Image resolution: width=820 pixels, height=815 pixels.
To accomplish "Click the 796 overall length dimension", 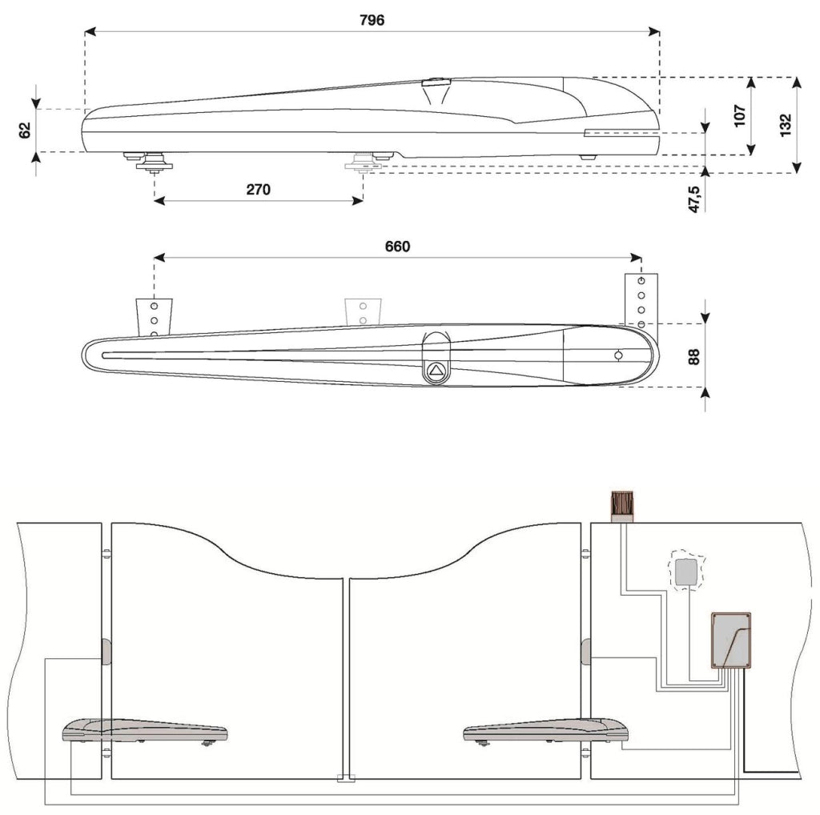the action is click(x=372, y=20).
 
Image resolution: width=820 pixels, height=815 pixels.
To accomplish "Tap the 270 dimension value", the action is click(x=259, y=189).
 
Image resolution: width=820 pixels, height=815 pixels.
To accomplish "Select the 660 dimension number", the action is click(x=397, y=247).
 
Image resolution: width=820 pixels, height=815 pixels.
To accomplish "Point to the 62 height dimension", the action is click(x=25, y=130).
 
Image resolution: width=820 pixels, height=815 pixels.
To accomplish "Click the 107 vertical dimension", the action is click(x=739, y=115).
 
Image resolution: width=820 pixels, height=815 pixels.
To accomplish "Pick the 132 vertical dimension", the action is click(x=786, y=126).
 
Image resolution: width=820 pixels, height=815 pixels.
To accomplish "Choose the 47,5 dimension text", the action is click(x=694, y=199).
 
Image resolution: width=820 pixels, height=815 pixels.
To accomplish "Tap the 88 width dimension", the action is click(x=693, y=358).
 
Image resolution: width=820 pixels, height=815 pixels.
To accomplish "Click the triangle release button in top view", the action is click(x=436, y=371).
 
